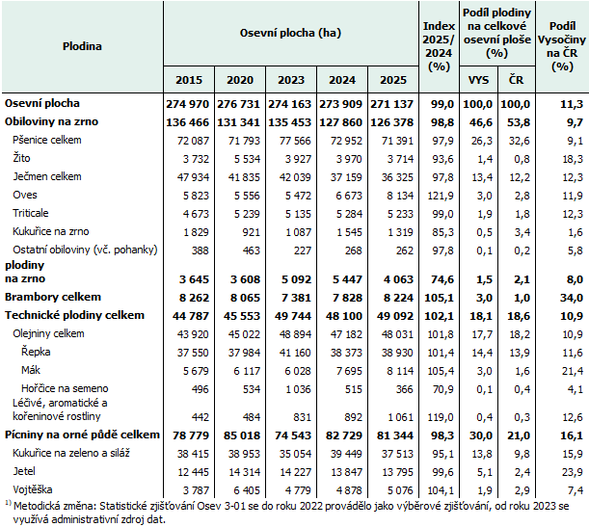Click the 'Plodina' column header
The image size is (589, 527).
click(82, 46)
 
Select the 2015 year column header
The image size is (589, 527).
click(189, 80)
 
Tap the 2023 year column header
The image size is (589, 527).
click(291, 80)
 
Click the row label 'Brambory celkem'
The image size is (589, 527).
click(53, 297)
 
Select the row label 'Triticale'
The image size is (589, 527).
click(32, 212)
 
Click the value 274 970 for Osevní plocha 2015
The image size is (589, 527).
click(189, 103)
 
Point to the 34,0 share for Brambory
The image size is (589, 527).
click(570, 297)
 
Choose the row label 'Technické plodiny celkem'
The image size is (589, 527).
click(74, 315)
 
